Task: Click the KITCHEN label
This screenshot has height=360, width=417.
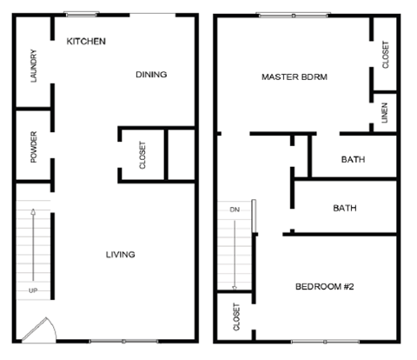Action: pos(87,41)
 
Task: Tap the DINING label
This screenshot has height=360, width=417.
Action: pos(151,75)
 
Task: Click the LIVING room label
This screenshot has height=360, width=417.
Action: pos(120,255)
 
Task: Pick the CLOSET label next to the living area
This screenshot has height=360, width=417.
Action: pos(142,155)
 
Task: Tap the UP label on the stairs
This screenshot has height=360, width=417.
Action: pos(34,290)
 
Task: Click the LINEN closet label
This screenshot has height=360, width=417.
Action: pos(386,114)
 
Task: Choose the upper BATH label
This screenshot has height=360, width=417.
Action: pos(353,159)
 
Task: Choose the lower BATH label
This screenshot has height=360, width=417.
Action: pos(346,209)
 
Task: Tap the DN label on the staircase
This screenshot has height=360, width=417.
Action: pos(234,210)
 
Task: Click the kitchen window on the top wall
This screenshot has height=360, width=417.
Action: pos(81,14)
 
